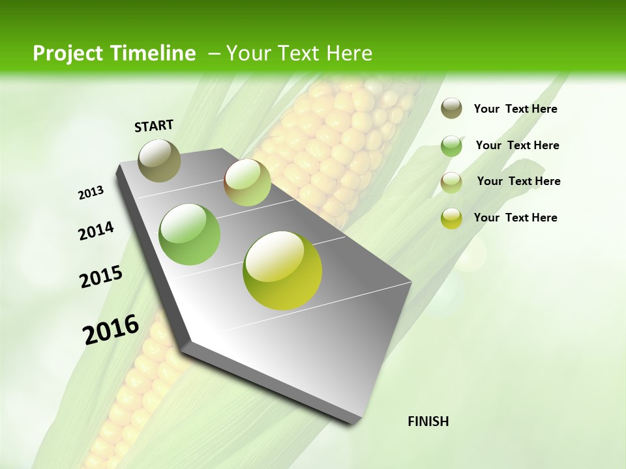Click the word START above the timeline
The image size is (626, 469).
tap(154, 126)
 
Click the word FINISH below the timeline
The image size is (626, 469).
tap(428, 421)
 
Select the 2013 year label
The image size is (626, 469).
tap(91, 192)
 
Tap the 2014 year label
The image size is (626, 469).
tap(96, 231)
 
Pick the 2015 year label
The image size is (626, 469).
tap(101, 277)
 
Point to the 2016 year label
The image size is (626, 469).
tap(111, 329)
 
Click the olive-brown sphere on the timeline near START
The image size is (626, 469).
tap(160, 160)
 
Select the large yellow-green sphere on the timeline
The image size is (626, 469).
tap(282, 270)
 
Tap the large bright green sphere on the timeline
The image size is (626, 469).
tap(190, 234)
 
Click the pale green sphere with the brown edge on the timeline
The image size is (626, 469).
tap(248, 182)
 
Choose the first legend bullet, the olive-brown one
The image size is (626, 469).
tap(451, 109)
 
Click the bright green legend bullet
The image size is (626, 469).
tap(451, 146)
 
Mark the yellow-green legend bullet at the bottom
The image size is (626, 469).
tap(451, 218)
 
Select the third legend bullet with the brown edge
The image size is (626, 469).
tap(451, 182)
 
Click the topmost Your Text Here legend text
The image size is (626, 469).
tap(515, 109)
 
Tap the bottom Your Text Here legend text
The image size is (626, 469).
tap(515, 218)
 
